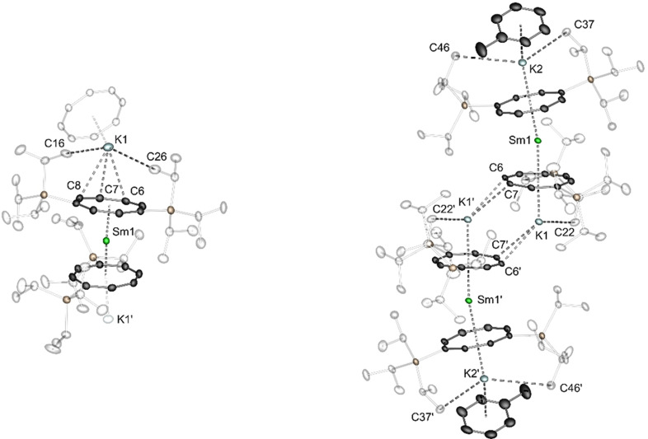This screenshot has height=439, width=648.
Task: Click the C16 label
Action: [54, 142]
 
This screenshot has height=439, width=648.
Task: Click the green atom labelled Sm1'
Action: [468, 302]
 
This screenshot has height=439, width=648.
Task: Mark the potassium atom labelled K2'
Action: [485, 378]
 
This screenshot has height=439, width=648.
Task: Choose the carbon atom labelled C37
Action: [568, 34]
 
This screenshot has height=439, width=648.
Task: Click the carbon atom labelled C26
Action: [153, 170]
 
